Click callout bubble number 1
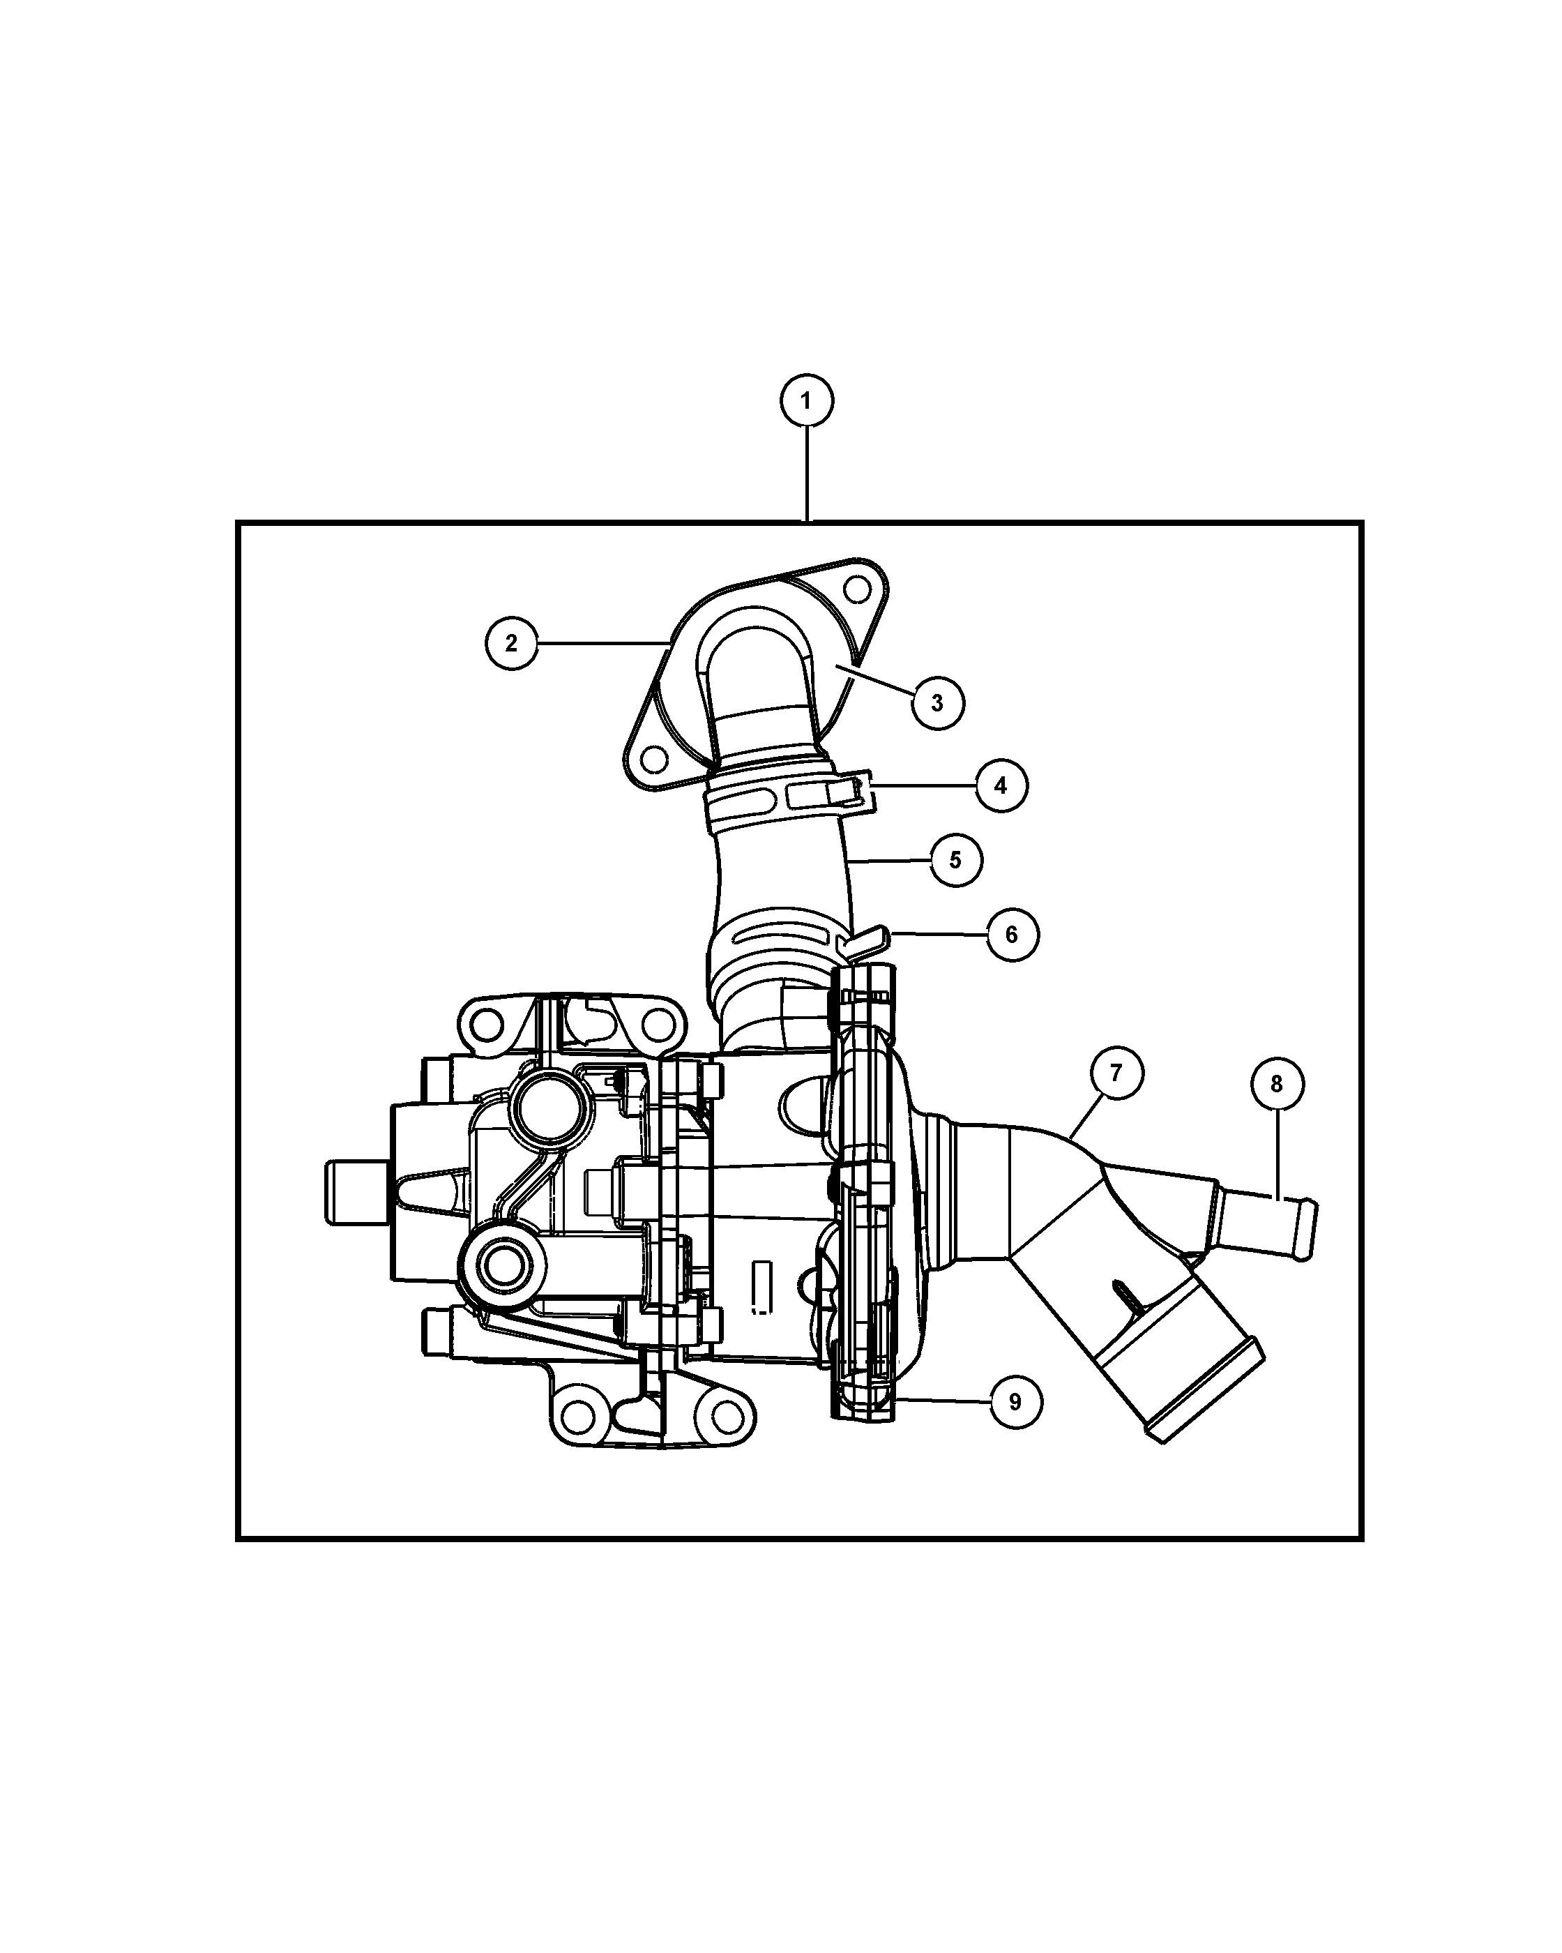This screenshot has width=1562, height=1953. pos(807,400)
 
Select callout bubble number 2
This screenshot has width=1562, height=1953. pos(512,643)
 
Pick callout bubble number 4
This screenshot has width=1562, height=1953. pos(1001,785)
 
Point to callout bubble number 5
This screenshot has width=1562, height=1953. pos(956,859)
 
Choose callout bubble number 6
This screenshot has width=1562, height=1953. pos(1011,934)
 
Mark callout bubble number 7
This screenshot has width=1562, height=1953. pos(1116,1073)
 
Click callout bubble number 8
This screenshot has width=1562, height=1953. pos(1277,1085)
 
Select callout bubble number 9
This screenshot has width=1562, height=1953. pos(1015,1402)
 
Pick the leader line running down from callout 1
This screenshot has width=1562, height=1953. pos(807,474)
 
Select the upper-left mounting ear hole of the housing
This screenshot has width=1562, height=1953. pos(487,1025)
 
